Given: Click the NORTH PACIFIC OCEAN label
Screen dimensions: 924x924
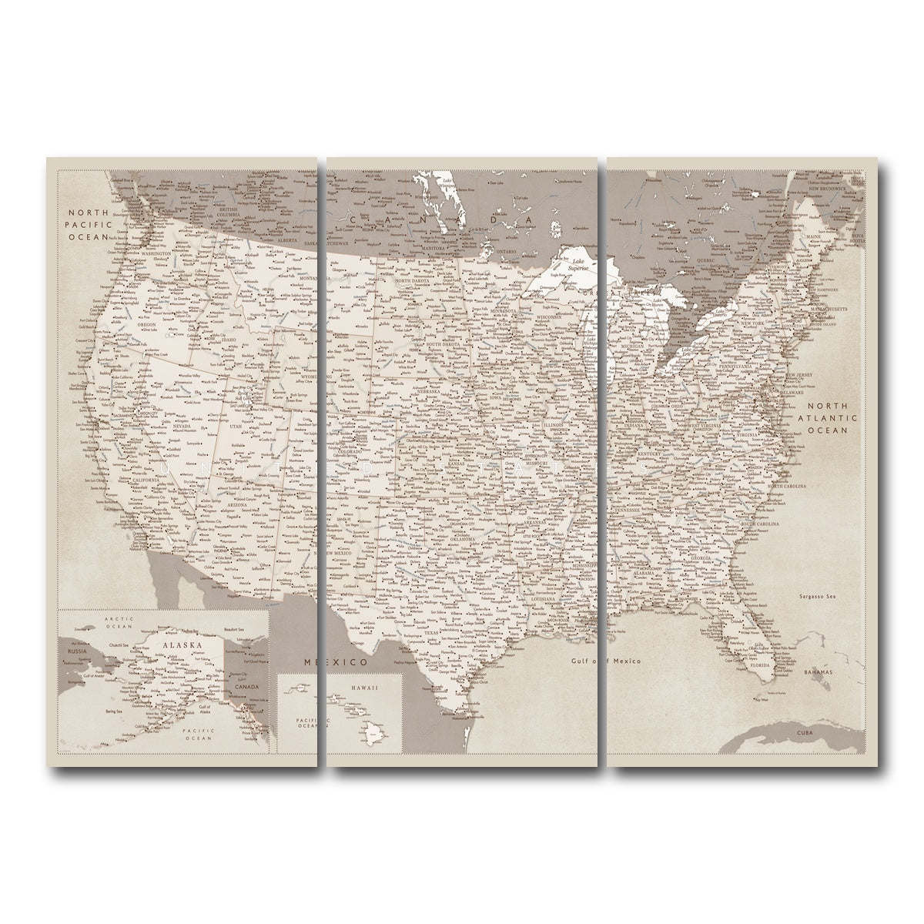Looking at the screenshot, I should coord(89,225).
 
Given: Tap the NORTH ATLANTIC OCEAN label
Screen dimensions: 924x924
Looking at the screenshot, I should coord(827,418).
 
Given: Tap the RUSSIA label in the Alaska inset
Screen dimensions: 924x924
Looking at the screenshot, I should coord(75,651).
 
